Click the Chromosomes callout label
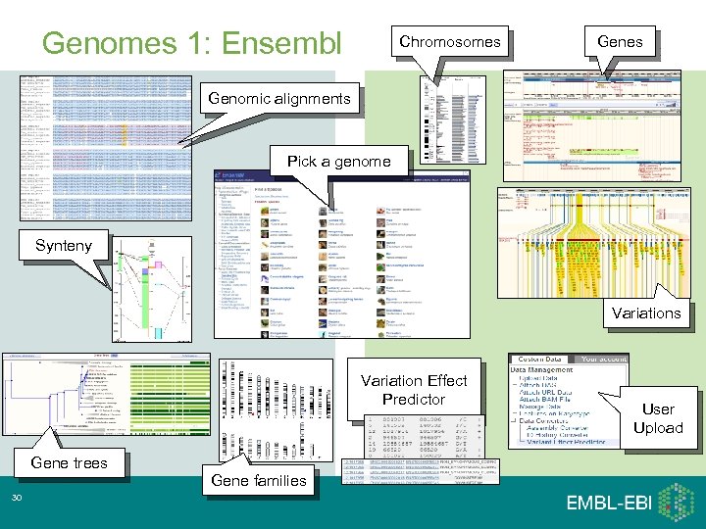[x=449, y=41]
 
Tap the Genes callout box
[x=620, y=41]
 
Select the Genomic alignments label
[x=277, y=98]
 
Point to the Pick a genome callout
[x=338, y=161]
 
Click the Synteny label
[x=63, y=245]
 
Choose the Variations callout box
[x=645, y=313]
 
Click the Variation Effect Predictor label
[x=414, y=390]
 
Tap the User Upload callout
[x=657, y=418]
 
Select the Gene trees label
[x=69, y=462]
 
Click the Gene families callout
[x=259, y=480]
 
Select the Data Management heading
[x=539, y=370]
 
